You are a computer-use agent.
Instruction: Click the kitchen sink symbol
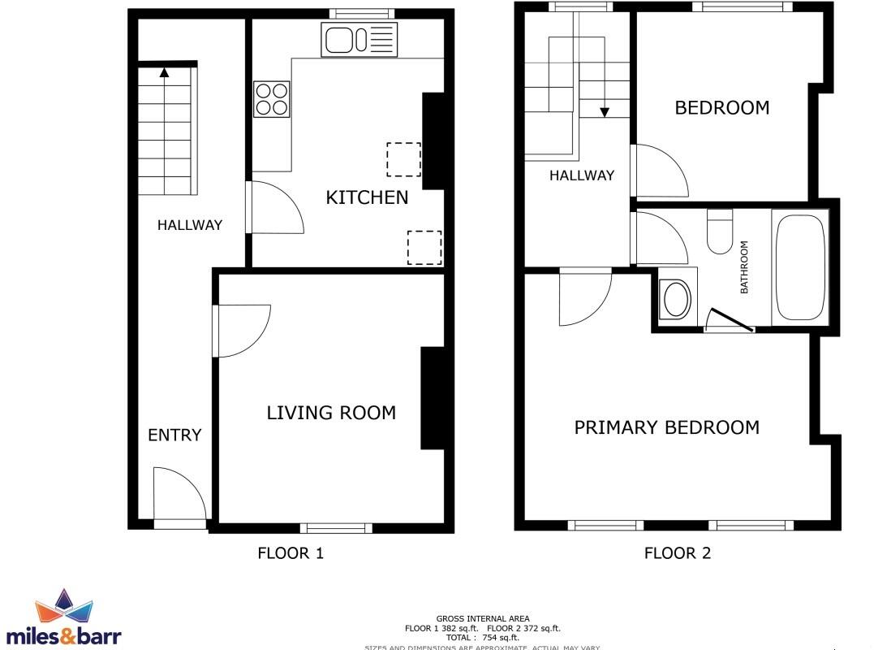[x=359, y=39]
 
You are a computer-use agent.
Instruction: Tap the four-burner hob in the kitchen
[x=272, y=99]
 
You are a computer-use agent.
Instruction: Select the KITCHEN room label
[x=367, y=197]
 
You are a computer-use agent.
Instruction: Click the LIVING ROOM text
[x=331, y=413]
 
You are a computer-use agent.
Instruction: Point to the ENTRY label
[x=174, y=435]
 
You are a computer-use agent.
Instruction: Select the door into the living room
[x=240, y=331]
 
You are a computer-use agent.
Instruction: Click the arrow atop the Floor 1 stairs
[x=165, y=71]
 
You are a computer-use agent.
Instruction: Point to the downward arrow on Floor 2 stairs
[x=605, y=111]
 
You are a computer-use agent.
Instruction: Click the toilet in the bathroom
[x=720, y=232]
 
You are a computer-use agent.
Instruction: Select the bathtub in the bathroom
[x=800, y=267]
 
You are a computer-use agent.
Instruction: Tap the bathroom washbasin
[x=675, y=299]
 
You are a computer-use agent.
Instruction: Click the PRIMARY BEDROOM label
[x=666, y=427]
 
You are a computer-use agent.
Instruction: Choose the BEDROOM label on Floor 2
[x=721, y=108]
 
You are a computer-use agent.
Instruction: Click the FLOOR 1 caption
[x=291, y=554]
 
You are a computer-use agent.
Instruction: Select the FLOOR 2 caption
[x=678, y=554]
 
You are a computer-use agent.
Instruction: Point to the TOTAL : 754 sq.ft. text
[x=482, y=638]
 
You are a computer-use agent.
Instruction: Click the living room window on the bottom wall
[x=336, y=528]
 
